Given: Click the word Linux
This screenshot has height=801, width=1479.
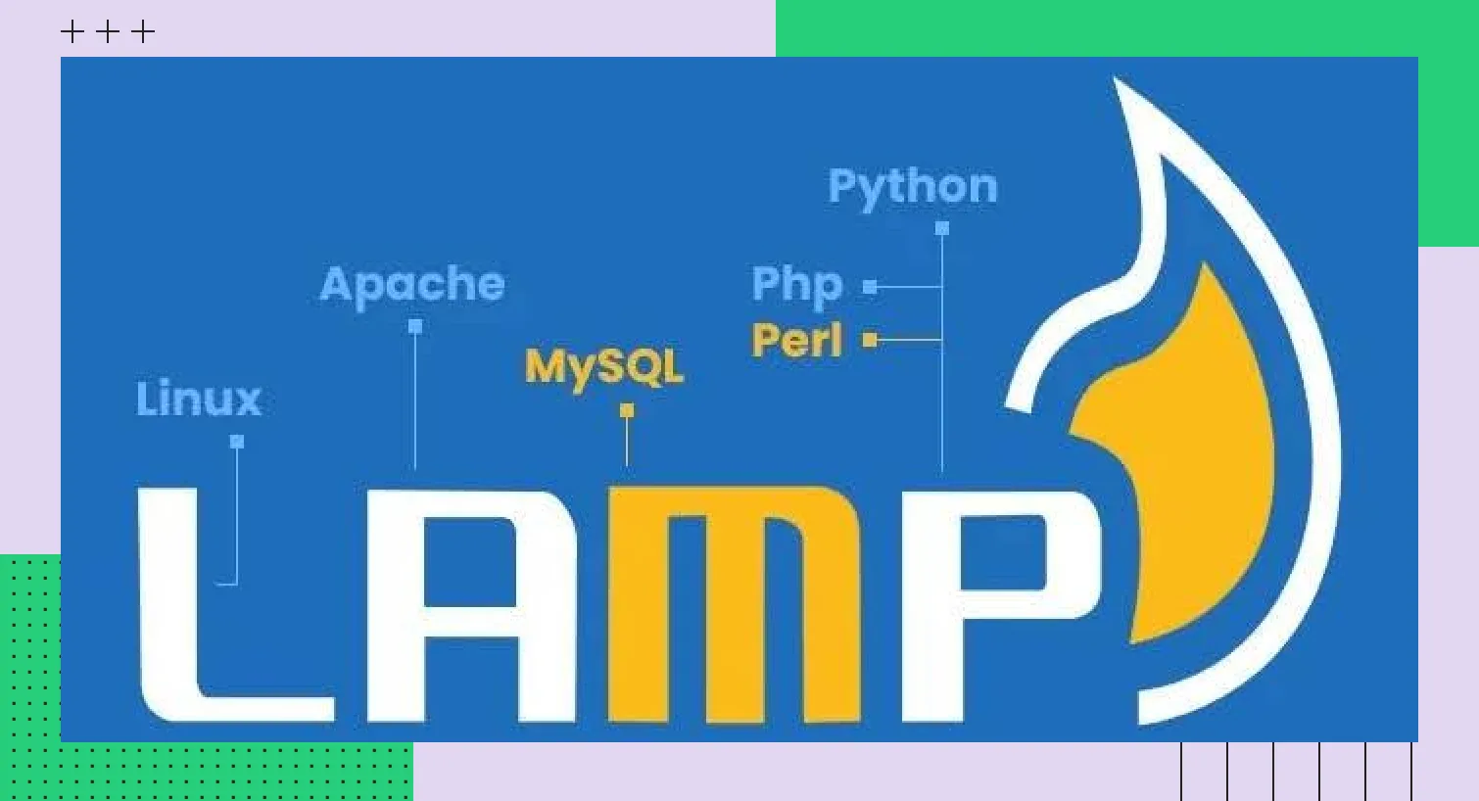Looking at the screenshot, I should pyautogui.click(x=199, y=399).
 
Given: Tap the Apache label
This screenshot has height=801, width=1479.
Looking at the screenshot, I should pyautogui.click(x=412, y=285).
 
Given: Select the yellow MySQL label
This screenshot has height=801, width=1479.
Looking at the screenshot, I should pyautogui.click(x=603, y=366).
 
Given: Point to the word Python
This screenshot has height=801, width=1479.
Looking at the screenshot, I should pyautogui.click(x=912, y=186).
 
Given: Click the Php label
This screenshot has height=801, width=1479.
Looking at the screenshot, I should pyautogui.click(x=796, y=285).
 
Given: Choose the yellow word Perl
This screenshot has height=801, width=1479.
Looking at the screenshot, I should pyautogui.click(x=796, y=341).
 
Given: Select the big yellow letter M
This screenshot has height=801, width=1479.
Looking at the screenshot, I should pyautogui.click(x=735, y=607).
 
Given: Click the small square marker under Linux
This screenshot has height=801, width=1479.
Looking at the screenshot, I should pyautogui.click(x=237, y=442).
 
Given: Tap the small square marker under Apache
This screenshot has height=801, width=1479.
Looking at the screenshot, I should pyautogui.click(x=415, y=326).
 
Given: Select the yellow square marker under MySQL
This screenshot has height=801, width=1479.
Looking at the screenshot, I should pyautogui.click(x=627, y=410).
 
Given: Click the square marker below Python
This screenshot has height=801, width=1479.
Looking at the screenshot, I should pyautogui.click(x=942, y=228).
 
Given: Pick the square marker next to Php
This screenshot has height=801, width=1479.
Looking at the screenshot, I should pyautogui.click(x=870, y=287).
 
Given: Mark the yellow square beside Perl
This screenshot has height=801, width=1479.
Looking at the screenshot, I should pyautogui.click(x=870, y=340).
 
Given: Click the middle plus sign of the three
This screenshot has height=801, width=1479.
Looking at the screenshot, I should pyautogui.click(x=108, y=32).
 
